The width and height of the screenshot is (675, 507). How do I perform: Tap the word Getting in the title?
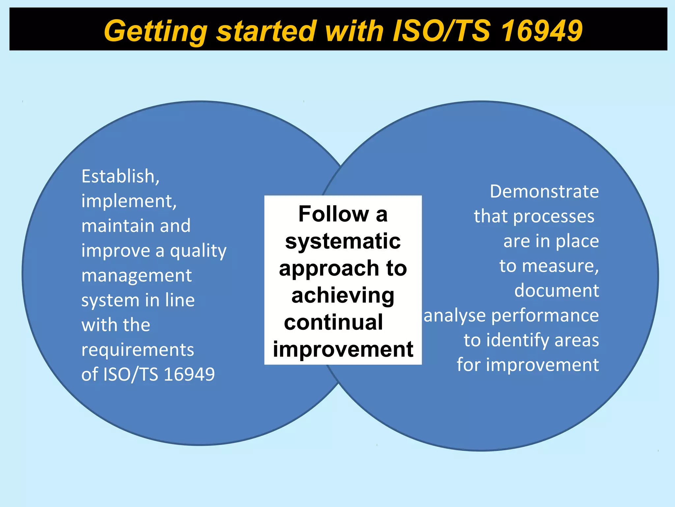point(155,31)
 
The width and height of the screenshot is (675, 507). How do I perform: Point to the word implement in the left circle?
point(127,201)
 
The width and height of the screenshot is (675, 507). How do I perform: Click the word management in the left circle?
point(136,276)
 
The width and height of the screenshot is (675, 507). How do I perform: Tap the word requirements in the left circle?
point(138,350)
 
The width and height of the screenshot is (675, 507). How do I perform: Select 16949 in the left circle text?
point(189,374)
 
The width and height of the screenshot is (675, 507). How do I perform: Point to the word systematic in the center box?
point(343,241)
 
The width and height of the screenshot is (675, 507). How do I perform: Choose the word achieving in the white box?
point(343,296)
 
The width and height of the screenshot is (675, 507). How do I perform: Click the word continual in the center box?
point(333,322)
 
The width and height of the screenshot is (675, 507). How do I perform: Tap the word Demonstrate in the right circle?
point(544,191)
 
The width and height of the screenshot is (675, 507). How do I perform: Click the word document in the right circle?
point(556,291)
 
